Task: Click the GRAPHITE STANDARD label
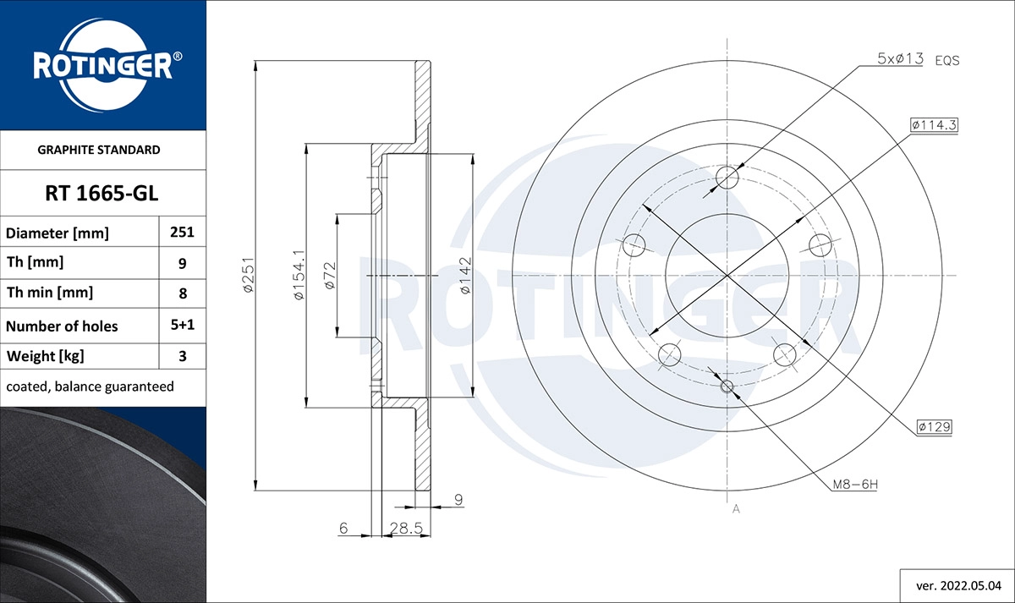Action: click(99, 150)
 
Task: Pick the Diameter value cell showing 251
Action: click(183, 233)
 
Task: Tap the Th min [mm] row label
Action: click(50, 293)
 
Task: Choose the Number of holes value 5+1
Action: click(183, 326)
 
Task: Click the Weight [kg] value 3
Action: click(183, 356)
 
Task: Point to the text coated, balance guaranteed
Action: click(90, 386)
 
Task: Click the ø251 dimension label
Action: click(249, 275)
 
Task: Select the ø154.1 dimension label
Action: click(297, 275)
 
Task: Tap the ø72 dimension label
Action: click(330, 276)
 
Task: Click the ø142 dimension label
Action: click(464, 275)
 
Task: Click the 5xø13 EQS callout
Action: click(918, 59)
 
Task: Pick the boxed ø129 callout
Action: click(934, 428)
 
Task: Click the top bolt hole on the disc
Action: click(727, 178)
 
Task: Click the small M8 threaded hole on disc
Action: click(727, 386)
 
